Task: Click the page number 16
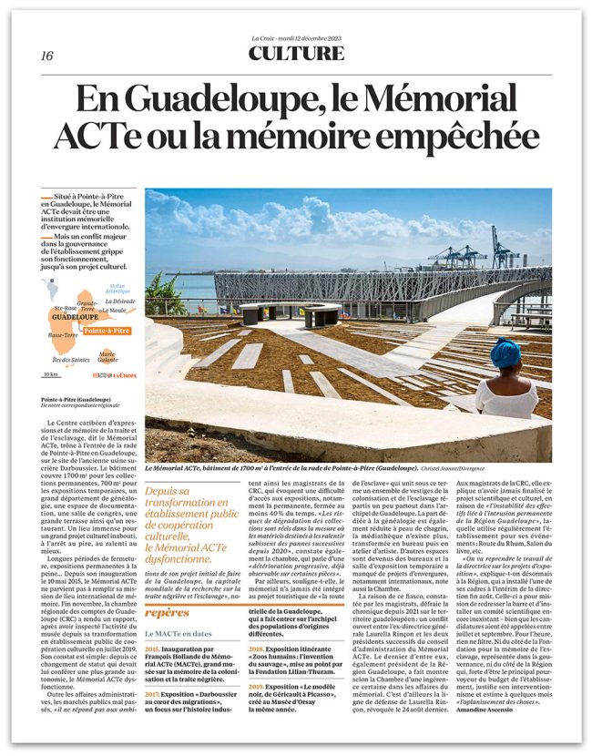[46, 56]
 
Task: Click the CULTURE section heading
[296, 54]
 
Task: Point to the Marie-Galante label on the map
[107, 356]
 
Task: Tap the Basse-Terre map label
[62, 336]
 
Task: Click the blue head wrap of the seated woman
[505, 352]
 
